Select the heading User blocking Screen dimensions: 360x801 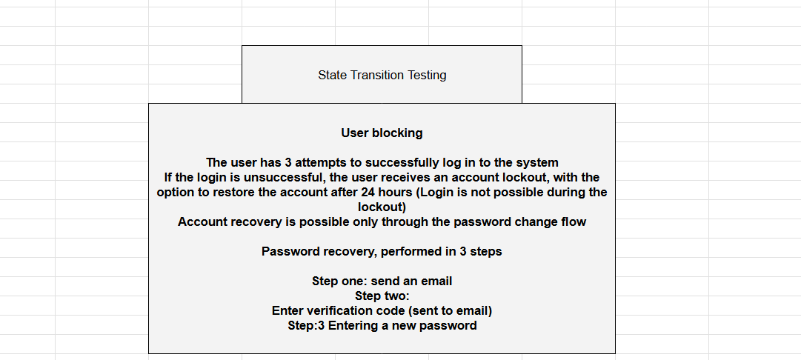pos(382,133)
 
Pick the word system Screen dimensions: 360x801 pos(538,163)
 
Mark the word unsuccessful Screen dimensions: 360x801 pos(281,178)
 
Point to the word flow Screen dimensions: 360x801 pos(573,222)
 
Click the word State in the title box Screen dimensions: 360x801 pos(333,75)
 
